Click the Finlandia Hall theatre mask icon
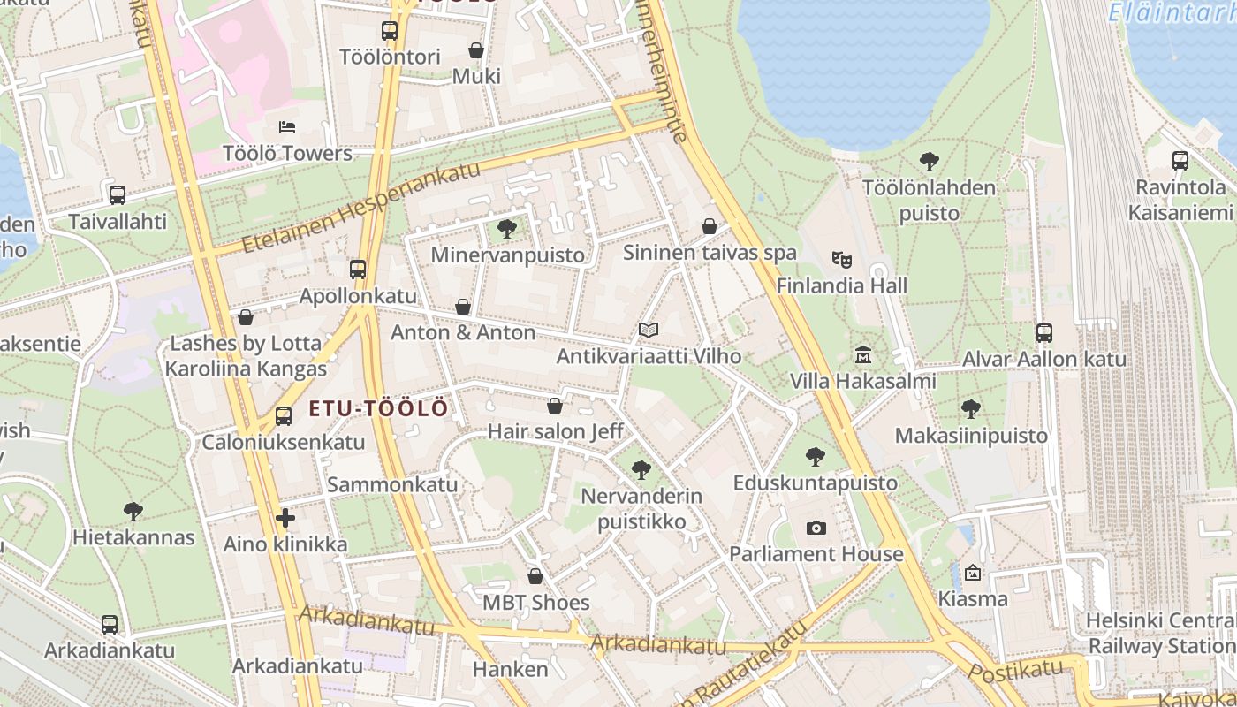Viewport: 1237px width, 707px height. coord(841,260)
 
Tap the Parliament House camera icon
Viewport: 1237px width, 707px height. coord(816,528)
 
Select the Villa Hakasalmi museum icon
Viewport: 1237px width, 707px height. coord(863,355)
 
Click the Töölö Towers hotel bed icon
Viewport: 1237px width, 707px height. coord(286,127)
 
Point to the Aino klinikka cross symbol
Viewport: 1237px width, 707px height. coord(285,518)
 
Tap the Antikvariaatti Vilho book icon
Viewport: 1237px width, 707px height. coord(649,331)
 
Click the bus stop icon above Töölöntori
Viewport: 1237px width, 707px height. coord(390,31)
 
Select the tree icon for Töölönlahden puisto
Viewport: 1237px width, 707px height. coord(929,162)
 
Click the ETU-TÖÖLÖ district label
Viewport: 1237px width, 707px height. coord(378,409)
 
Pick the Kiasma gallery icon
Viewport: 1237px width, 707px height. coord(973,573)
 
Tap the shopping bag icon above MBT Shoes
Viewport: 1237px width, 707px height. coord(535,577)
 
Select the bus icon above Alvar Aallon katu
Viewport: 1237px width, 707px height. coord(1044,333)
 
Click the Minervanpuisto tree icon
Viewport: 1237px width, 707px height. coord(507,230)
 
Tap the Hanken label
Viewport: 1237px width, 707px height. coord(510,669)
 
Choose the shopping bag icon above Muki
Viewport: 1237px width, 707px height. coord(476,50)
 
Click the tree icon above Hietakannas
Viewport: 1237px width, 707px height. coord(133,511)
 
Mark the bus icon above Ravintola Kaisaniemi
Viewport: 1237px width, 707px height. coord(1180,161)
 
